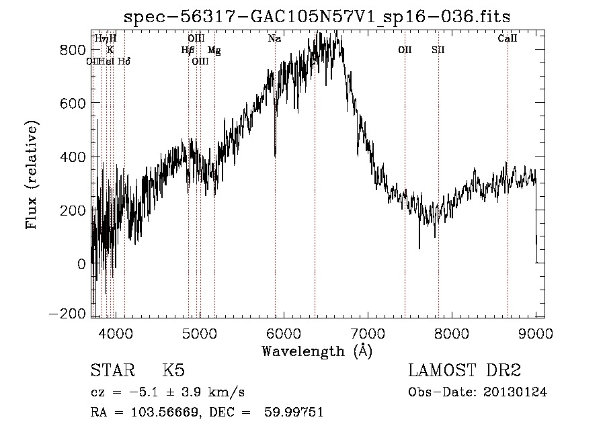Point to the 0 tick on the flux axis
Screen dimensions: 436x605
82,263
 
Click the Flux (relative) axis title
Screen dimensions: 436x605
32,175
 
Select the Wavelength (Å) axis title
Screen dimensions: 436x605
317,351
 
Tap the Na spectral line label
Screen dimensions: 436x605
274,39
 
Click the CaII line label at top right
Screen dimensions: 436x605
508,39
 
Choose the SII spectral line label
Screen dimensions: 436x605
438,50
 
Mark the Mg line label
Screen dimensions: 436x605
214,50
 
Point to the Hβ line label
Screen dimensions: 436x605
188,50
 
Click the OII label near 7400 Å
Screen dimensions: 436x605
405,50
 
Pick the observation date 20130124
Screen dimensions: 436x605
518,392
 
